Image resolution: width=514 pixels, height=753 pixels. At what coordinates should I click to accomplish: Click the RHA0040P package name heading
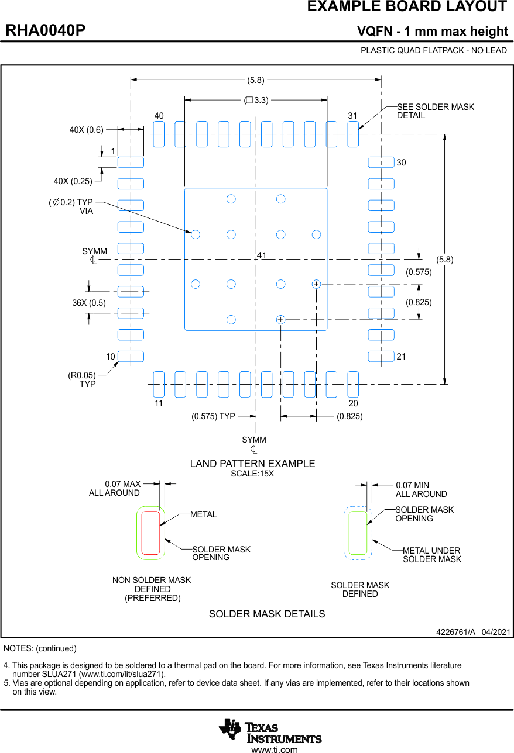click(46, 30)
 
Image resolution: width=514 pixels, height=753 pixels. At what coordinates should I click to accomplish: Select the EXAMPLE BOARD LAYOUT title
click(407, 7)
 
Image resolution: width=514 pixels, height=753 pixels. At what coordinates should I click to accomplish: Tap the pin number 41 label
click(262, 255)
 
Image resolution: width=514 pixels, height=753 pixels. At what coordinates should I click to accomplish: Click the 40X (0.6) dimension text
click(86, 130)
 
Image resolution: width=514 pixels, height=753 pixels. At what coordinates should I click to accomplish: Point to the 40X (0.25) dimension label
click(73, 181)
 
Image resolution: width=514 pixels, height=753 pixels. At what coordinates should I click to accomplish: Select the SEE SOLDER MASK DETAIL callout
click(435, 111)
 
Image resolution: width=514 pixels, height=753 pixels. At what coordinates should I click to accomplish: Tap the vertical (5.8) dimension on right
click(445, 260)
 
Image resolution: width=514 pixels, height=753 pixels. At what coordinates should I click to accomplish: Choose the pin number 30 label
click(401, 163)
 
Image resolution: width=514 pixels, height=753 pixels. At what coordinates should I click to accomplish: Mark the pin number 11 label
click(159, 403)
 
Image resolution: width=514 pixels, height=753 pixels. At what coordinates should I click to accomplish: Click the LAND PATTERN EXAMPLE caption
click(252, 464)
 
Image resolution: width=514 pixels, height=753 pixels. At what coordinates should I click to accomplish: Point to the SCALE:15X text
click(252, 474)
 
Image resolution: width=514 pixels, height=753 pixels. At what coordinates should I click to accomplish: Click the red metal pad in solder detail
click(150, 533)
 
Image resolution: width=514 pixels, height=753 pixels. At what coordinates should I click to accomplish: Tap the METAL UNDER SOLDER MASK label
click(431, 555)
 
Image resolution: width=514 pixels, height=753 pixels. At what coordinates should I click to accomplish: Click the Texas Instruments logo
click(270, 730)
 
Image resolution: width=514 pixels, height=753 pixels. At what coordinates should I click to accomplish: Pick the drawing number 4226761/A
click(455, 633)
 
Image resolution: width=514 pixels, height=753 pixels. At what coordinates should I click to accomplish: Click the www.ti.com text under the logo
click(274, 749)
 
